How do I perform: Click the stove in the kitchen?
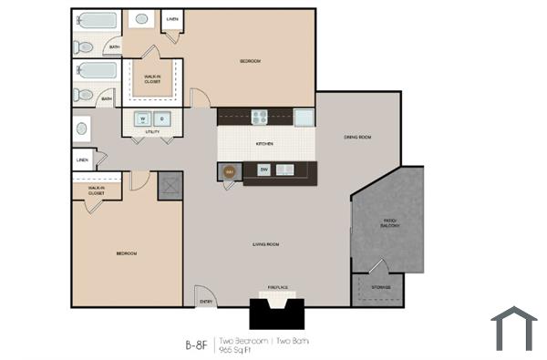coord(259,117)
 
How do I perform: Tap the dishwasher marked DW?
coord(263,170)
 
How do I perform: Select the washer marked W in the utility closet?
coord(142,118)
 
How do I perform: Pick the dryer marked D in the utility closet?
coord(160,118)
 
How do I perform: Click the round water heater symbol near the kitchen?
coord(229,170)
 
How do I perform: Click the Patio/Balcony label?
coord(389,223)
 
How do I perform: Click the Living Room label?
coord(265,244)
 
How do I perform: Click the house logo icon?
coord(513,329)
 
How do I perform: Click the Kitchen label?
coord(264,144)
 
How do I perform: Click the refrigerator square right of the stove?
coord(304,117)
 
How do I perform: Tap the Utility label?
coord(152,132)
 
